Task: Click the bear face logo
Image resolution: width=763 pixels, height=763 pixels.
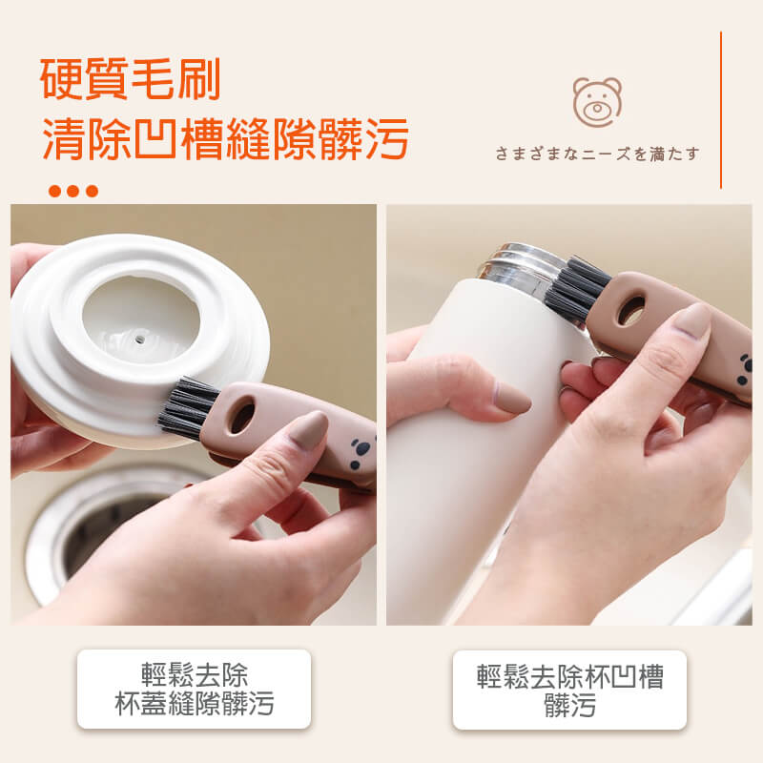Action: (x=597, y=102)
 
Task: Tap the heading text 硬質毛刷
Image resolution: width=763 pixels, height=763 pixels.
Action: (x=131, y=79)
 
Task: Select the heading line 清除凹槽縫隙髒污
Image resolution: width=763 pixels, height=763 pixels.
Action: (x=225, y=139)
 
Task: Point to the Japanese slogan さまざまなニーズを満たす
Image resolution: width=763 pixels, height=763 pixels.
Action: (x=597, y=154)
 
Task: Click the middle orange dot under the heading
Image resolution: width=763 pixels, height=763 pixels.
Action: (x=73, y=191)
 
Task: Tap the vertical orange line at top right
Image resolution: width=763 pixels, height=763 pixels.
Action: (x=721, y=110)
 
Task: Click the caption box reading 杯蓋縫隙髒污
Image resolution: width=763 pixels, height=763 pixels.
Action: (x=194, y=689)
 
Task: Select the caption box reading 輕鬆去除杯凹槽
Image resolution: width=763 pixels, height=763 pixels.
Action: (x=569, y=690)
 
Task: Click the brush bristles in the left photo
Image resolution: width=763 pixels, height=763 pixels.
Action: (x=186, y=408)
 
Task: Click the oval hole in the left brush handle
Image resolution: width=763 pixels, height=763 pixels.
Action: (x=242, y=415)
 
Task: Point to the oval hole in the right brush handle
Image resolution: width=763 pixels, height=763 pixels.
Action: (x=631, y=309)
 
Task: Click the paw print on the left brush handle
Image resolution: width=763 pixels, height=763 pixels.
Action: (x=361, y=452)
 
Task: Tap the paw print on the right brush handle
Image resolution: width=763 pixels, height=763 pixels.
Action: (x=745, y=370)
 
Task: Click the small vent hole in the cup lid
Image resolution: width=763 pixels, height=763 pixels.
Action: (x=139, y=339)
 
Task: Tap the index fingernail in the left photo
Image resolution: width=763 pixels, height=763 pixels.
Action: (x=308, y=430)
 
